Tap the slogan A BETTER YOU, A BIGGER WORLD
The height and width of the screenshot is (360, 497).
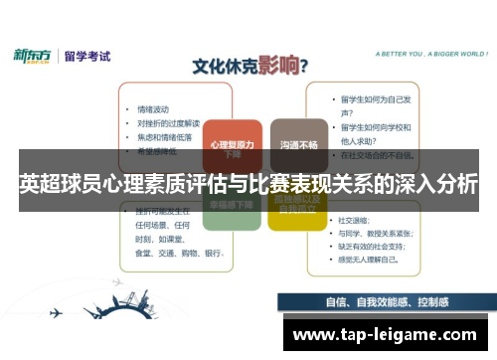click(416, 56)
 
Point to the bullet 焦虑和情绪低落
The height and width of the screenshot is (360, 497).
click(164, 136)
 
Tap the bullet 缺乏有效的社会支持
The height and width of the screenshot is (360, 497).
click(374, 245)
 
